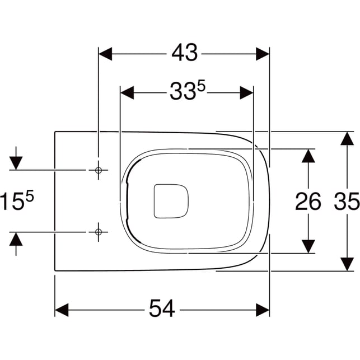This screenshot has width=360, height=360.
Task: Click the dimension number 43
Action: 184,53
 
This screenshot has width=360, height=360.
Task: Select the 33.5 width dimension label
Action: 187,91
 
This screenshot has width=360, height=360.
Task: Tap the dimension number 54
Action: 162,308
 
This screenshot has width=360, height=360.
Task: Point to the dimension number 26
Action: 308,202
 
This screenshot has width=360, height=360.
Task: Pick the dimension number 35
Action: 347,202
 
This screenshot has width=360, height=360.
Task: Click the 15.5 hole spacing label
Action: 17,200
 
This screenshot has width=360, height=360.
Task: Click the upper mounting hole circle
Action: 99,170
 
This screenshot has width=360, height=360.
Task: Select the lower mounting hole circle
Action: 99,232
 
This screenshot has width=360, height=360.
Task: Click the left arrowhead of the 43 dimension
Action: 105,54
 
